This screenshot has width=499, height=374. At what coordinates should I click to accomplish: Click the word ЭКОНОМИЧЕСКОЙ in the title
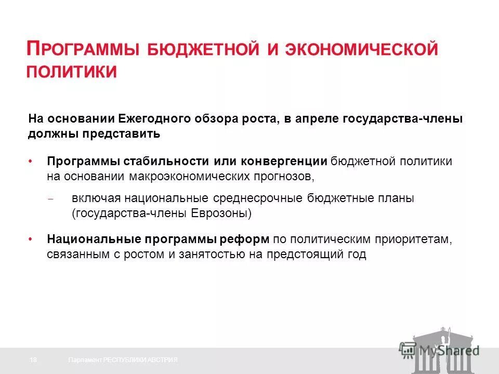[x=367, y=50]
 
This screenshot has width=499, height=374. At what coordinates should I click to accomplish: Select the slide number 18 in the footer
[x=34, y=360]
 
